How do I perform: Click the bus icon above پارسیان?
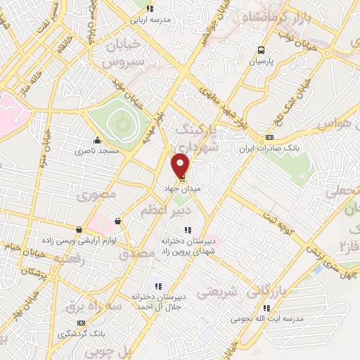pyautogui.click(x=262, y=50)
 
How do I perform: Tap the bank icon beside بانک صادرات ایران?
pyautogui.click(x=270, y=139)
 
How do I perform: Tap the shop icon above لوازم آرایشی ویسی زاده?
pyautogui.click(x=79, y=229)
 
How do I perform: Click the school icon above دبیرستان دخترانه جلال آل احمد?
pyautogui.click(x=158, y=285)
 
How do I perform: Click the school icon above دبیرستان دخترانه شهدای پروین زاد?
pyautogui.click(x=186, y=229)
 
